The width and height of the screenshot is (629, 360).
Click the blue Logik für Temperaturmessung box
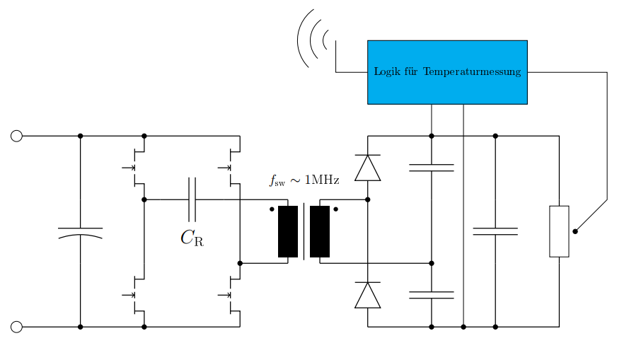447,71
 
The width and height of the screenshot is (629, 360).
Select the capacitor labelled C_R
192,199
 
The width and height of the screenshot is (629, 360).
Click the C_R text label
192,238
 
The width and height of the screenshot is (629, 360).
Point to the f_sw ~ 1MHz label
304,180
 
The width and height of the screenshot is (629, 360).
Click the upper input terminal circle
16,136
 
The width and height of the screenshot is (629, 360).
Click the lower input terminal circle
16,327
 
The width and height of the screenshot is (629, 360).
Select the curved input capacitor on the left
80,232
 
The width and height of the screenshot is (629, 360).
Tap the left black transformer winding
288,231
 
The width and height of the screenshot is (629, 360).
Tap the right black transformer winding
320,231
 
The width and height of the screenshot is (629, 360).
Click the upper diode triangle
368,168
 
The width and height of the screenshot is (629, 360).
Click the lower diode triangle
368,295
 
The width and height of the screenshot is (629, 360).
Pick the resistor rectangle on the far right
559,231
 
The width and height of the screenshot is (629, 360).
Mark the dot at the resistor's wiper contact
575,231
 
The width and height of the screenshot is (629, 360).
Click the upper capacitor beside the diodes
432,168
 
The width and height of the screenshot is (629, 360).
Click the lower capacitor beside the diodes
432,295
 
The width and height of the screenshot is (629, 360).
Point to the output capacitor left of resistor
495,231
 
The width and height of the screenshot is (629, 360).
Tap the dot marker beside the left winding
272,209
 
